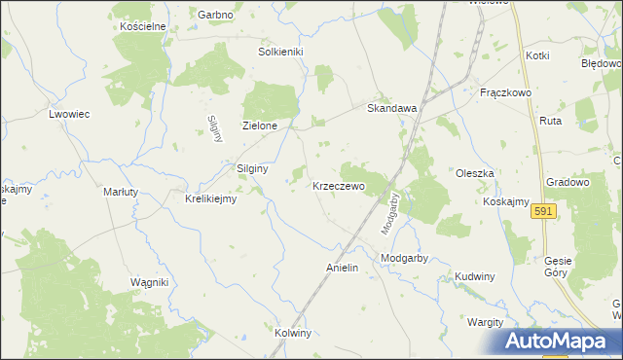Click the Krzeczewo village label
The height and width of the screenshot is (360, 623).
click(x=338, y=186)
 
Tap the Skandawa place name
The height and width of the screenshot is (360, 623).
click(x=391, y=109)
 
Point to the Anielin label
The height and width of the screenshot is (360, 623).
click(x=342, y=268)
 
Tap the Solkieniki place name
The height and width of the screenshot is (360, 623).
click(x=281, y=51)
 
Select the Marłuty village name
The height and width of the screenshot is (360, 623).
click(x=123, y=193)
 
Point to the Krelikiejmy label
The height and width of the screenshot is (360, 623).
click(x=211, y=199)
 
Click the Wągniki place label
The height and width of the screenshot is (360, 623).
click(x=150, y=282)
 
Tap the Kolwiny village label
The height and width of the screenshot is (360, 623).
click(x=292, y=333)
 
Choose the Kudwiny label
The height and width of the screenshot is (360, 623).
click(x=474, y=277)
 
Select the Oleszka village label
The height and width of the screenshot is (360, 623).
click(x=475, y=173)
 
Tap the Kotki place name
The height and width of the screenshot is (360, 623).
click(x=536, y=56)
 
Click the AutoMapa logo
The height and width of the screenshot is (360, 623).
click(x=559, y=341)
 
